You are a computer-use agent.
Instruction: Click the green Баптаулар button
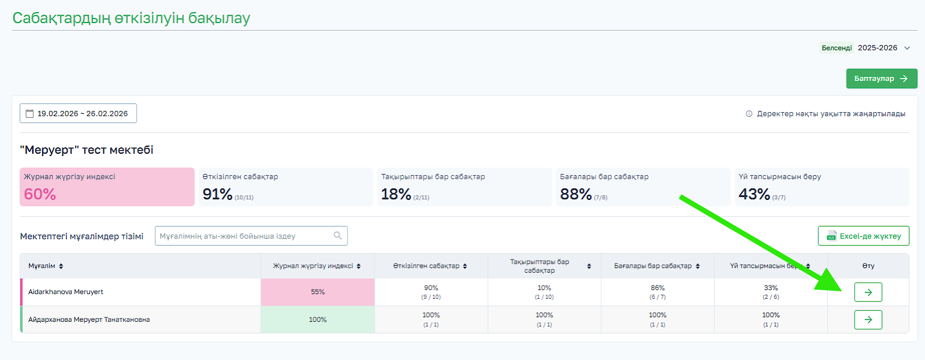click(x=881, y=79)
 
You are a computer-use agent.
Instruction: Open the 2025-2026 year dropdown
click(x=883, y=48)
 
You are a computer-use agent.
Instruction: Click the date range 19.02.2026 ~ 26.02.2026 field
click(x=78, y=114)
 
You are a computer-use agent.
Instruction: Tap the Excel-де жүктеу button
click(x=863, y=236)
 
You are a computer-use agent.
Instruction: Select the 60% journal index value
click(x=40, y=194)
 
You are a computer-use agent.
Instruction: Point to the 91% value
click(x=217, y=194)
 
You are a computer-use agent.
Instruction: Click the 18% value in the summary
click(x=396, y=194)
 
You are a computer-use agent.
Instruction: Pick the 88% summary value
click(x=576, y=194)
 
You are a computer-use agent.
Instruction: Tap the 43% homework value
click(x=754, y=194)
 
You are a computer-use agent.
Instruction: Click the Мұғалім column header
click(x=42, y=266)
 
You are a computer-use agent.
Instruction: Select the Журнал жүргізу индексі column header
click(x=313, y=266)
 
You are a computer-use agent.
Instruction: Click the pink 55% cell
click(x=317, y=292)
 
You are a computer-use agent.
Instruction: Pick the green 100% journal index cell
click(x=317, y=320)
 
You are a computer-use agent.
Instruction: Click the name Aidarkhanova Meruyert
click(x=66, y=292)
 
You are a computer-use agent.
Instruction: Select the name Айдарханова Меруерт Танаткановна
click(x=89, y=320)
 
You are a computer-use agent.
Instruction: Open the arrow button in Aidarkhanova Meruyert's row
click(x=868, y=292)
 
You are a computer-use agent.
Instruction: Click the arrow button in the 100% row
click(x=868, y=320)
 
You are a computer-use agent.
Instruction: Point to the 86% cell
click(x=657, y=288)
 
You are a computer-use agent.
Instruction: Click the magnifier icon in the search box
click(x=338, y=235)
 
